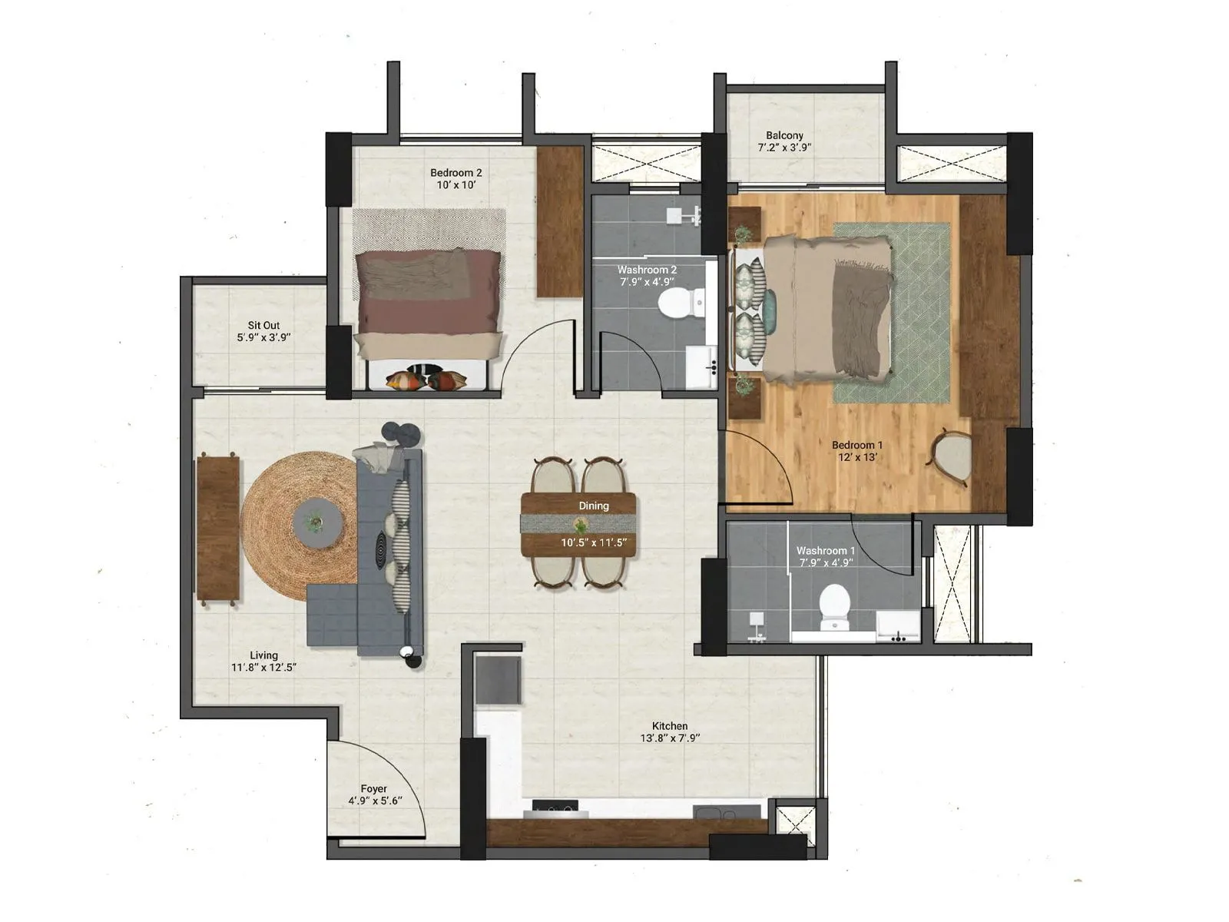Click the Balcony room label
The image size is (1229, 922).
point(784,135)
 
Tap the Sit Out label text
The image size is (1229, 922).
point(263,326)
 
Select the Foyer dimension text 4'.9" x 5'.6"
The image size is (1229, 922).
point(374,801)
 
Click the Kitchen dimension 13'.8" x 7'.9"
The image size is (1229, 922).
point(670,738)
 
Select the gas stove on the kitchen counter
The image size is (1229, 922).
point(555,807)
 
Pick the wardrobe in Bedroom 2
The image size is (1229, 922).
point(560,221)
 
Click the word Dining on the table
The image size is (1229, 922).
point(594,506)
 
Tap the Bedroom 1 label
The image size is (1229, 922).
point(857,445)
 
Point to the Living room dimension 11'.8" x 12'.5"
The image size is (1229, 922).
point(263,668)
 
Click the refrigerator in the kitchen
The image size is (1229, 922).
point(498,678)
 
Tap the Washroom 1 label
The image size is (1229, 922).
point(826,550)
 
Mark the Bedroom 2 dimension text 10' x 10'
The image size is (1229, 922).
point(456,185)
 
